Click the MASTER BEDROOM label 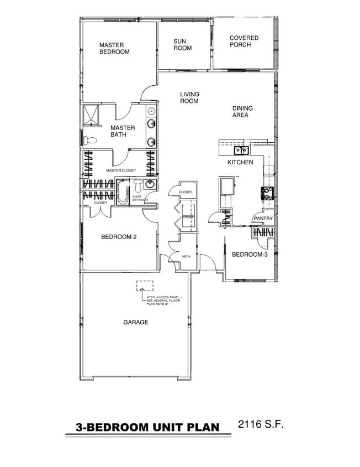114,48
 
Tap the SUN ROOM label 182,44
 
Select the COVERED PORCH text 243,41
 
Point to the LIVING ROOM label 189,97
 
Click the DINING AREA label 240,112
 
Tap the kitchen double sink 241,150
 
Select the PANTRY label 263,219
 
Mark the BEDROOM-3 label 250,255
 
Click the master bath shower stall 90,114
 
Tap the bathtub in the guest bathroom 122,195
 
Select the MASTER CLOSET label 121,170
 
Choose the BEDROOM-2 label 119,237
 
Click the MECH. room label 186,256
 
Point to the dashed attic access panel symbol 145,287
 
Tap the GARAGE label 135,323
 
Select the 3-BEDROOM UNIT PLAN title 147,427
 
